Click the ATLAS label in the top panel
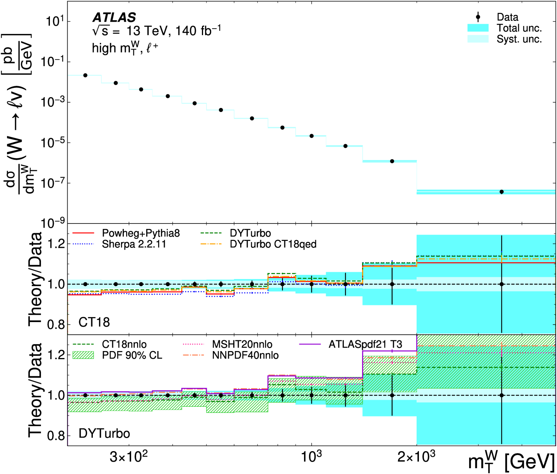[x=114, y=17]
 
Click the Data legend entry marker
[x=478, y=17]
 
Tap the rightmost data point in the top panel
[x=502, y=192]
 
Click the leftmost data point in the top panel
[x=85, y=75]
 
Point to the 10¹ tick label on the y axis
[x=54, y=22]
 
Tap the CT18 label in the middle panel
[x=94, y=322]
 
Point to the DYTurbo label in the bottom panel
[x=104, y=433]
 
